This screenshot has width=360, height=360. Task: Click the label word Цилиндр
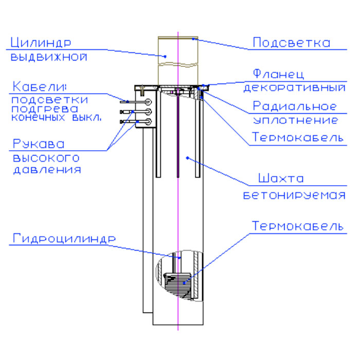coord(41,43)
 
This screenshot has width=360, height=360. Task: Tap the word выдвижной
coord(49,57)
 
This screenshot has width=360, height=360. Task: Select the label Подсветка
coord(292,43)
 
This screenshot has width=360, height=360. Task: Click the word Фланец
coord(278,74)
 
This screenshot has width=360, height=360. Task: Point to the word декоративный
coord(294,87)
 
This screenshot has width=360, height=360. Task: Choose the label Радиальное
coord(295,106)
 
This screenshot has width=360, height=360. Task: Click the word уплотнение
coord(296,120)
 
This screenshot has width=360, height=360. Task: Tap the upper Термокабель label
coord(298,137)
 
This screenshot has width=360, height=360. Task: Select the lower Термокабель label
coord(298,226)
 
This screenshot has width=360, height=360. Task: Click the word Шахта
coord(281,178)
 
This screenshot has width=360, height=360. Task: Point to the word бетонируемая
coord(294,195)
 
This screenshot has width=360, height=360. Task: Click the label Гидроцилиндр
coord(64,238)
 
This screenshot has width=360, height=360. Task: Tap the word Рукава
coord(39,143)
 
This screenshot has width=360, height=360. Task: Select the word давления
coord(47,170)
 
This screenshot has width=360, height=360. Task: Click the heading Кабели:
coord(39,86)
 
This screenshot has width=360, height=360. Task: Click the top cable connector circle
coord(148,102)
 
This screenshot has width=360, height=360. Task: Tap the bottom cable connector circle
coord(148,122)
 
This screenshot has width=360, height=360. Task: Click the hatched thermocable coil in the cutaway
coord(177,285)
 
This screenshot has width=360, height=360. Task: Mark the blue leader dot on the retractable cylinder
coord(165,56)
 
